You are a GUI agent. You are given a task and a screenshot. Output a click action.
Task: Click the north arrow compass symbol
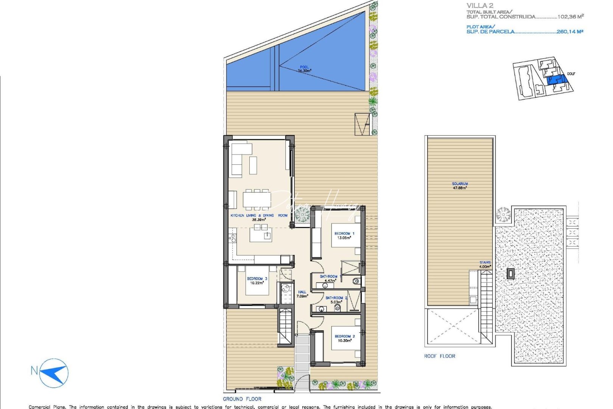click(54, 373)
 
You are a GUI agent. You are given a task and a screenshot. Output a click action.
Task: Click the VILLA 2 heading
click(479, 5)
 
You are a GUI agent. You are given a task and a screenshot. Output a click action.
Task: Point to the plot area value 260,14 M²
click(569, 32)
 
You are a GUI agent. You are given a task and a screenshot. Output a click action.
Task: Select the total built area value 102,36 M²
click(570, 17)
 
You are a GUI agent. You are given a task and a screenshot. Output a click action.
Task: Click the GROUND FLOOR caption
click(242, 399)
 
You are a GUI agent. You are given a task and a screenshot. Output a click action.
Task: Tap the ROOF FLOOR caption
click(439, 356)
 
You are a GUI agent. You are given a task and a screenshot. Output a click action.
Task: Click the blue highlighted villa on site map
click(556, 80)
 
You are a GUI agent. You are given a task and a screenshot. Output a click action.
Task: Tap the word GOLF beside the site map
click(571, 74)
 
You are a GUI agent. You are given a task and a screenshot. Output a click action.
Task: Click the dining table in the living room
click(257, 199)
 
